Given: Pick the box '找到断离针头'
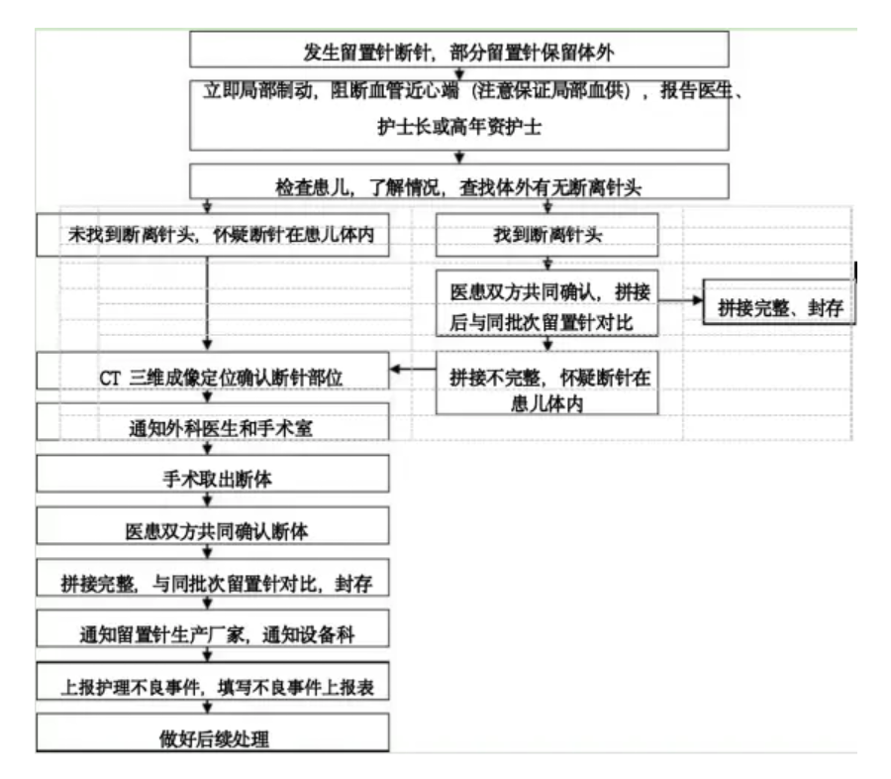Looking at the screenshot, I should [546, 235].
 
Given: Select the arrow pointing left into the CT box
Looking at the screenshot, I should [413, 371].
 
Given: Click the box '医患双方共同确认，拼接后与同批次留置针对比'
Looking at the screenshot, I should [546, 306].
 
